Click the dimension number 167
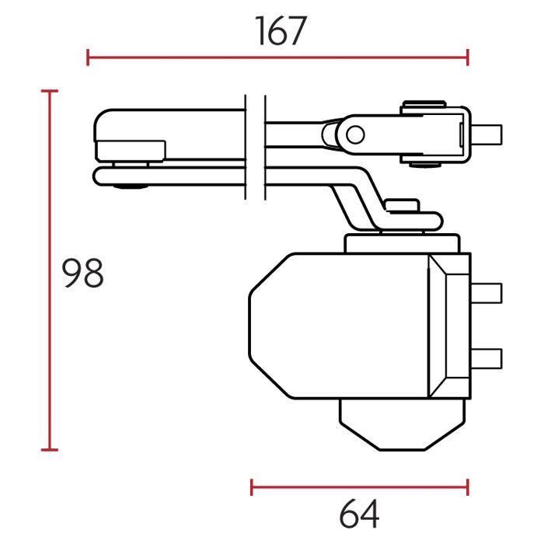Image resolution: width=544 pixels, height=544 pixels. click(x=281, y=31)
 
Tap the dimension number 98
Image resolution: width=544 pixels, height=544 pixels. click(x=82, y=273)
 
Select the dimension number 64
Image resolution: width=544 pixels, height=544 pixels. click(x=359, y=513)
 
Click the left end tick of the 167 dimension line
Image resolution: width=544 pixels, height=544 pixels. click(x=88, y=58)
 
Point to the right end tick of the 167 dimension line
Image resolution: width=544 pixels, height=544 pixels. click(x=468, y=58)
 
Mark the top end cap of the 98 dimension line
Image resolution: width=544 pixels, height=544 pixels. click(x=50, y=91)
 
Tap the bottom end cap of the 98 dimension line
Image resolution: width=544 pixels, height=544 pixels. click(x=50, y=450)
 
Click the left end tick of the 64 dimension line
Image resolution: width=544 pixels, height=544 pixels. click(x=252, y=487)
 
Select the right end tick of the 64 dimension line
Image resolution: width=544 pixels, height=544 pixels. click(x=468, y=487)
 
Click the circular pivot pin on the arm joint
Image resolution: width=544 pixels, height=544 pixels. click(x=355, y=135)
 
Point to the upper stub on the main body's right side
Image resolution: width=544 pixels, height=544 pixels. click(x=486, y=293)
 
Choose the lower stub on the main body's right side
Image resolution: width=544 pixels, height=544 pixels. click(x=486, y=358)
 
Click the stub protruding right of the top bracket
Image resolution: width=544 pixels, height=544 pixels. click(x=486, y=134)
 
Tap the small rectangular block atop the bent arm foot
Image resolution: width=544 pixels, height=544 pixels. click(x=403, y=205)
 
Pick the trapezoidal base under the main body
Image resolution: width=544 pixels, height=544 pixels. click(x=402, y=424)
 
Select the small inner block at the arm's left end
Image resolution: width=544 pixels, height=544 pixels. click(x=131, y=151)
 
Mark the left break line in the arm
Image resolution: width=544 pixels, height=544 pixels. click(x=246, y=147)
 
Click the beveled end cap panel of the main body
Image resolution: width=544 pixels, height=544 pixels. click(x=449, y=326)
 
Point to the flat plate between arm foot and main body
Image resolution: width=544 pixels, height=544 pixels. click(x=402, y=243)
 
